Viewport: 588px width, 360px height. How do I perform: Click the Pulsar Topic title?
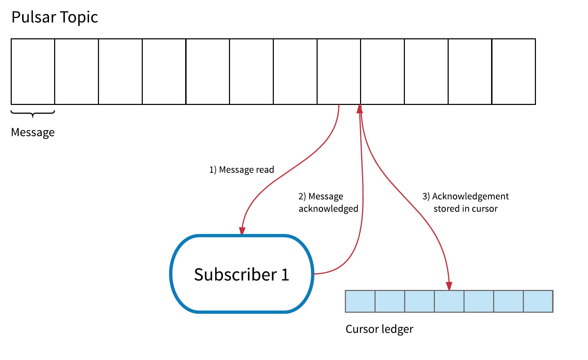(x=54, y=17)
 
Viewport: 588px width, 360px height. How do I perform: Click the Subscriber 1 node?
(x=241, y=274)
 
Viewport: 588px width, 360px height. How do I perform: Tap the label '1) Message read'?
(x=241, y=170)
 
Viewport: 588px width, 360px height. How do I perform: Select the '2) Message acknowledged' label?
(x=328, y=203)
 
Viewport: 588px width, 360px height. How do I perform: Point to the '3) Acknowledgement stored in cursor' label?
(x=466, y=203)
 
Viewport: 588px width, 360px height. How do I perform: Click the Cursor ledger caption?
(x=379, y=329)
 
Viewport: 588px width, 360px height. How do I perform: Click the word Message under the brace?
(x=33, y=133)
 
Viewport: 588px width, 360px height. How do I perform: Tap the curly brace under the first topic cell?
(x=33, y=114)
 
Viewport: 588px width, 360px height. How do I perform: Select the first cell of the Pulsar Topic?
(x=33, y=72)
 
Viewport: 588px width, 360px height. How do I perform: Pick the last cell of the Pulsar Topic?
(x=514, y=72)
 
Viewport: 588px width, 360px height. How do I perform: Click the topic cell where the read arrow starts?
(x=339, y=72)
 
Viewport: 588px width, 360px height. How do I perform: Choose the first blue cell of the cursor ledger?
(x=360, y=301)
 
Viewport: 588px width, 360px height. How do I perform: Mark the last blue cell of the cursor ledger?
(x=538, y=301)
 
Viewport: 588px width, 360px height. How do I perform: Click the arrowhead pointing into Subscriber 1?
(x=242, y=231)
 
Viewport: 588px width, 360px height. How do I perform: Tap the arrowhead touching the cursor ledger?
(x=449, y=286)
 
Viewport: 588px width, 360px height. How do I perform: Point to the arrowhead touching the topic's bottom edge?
(x=360, y=109)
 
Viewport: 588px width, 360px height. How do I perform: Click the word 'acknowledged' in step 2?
(x=328, y=208)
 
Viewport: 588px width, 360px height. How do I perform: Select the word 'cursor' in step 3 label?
(x=485, y=209)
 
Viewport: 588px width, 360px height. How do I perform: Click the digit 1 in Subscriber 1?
(x=285, y=275)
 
